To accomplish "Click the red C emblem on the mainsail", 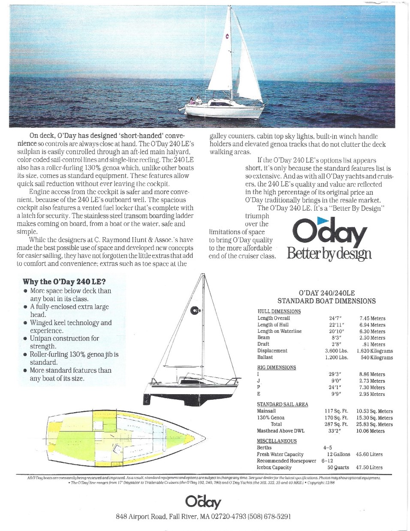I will pos(227,36).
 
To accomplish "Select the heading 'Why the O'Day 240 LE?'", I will pos(64,282).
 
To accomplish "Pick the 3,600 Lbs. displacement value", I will pos(336,351).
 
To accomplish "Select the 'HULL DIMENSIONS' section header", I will pos(279,311).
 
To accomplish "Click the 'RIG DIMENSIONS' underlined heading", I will pos(276,368).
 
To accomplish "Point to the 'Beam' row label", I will pos(263,338).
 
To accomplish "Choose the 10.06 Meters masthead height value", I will pos(371,431).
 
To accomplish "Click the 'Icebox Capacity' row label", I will pos(274,468).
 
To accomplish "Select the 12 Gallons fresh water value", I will pos(338,454).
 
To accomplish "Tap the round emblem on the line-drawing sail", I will pos(196,310).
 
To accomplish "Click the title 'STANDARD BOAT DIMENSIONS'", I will pos(326,301).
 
